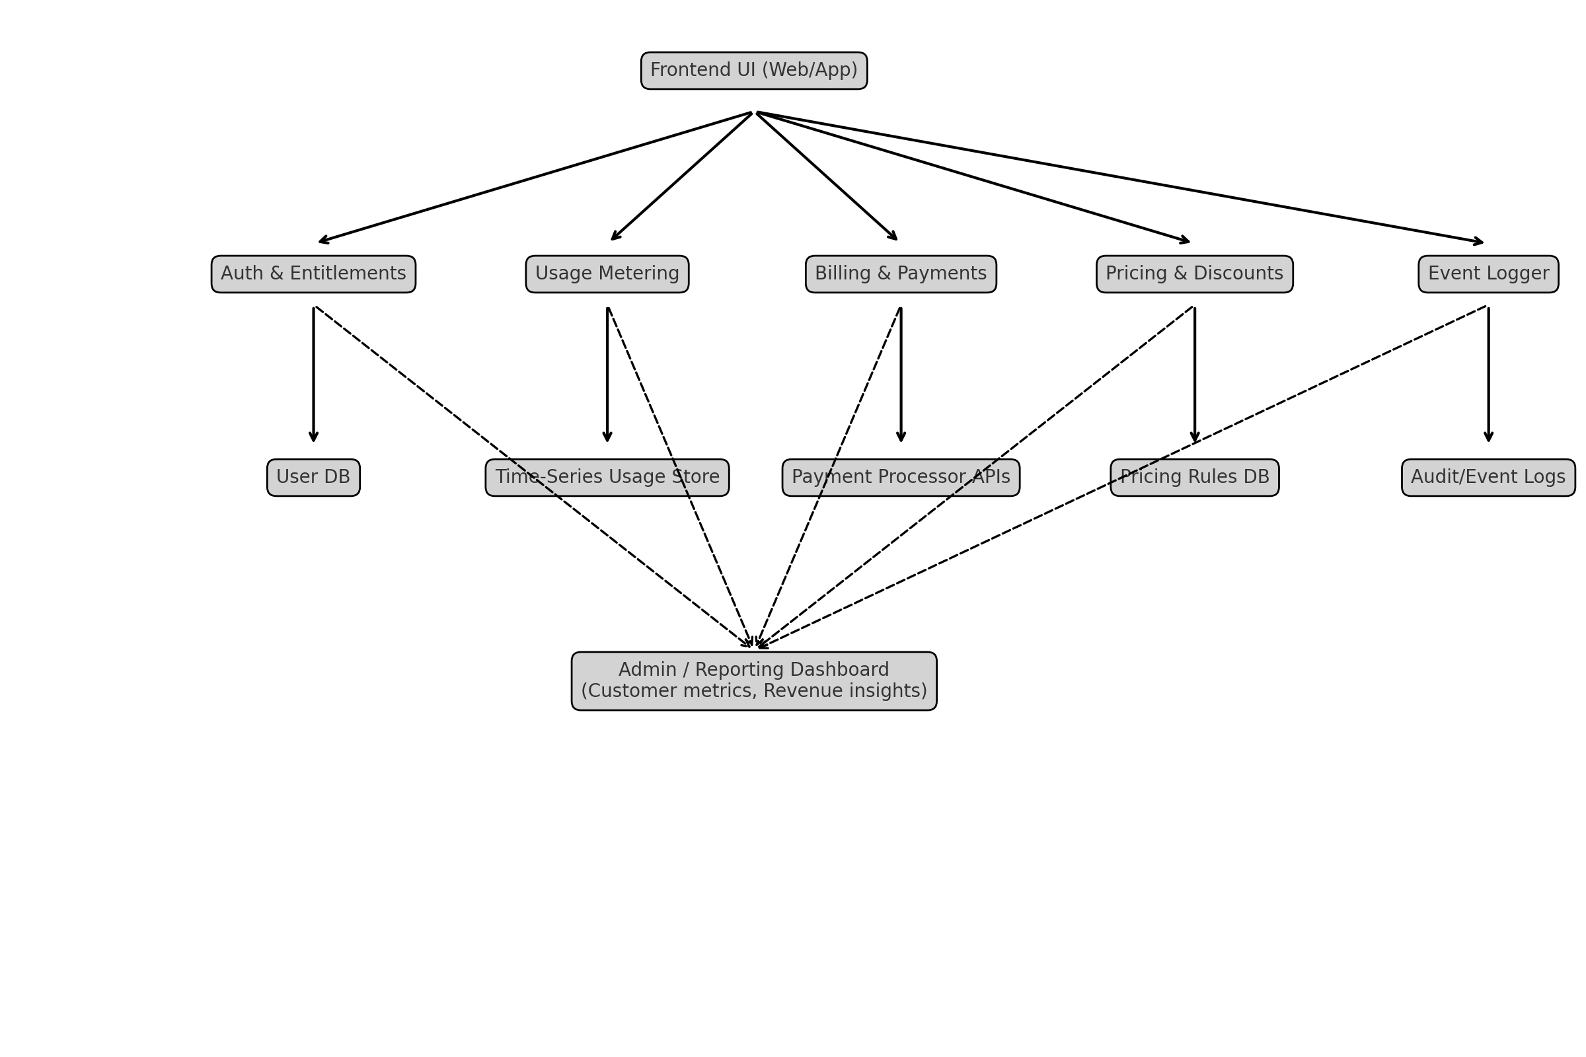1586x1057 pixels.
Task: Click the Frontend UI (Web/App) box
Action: (x=754, y=71)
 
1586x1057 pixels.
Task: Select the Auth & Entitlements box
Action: (x=313, y=274)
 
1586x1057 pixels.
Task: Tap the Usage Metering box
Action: (x=607, y=274)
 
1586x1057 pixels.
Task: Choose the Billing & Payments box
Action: (x=901, y=274)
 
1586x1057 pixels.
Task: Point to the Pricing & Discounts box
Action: (x=1194, y=274)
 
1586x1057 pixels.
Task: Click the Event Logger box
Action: (x=1488, y=274)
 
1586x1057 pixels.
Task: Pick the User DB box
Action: (x=313, y=478)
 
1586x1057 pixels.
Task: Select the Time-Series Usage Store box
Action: (x=607, y=478)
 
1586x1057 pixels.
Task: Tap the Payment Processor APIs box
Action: (x=901, y=478)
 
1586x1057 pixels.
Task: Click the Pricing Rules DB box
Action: (x=1194, y=478)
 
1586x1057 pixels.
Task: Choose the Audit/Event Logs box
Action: (x=1488, y=478)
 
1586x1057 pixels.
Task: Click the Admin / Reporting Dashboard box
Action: (x=754, y=681)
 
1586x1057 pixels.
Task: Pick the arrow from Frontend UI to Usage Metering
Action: (x=681, y=176)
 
